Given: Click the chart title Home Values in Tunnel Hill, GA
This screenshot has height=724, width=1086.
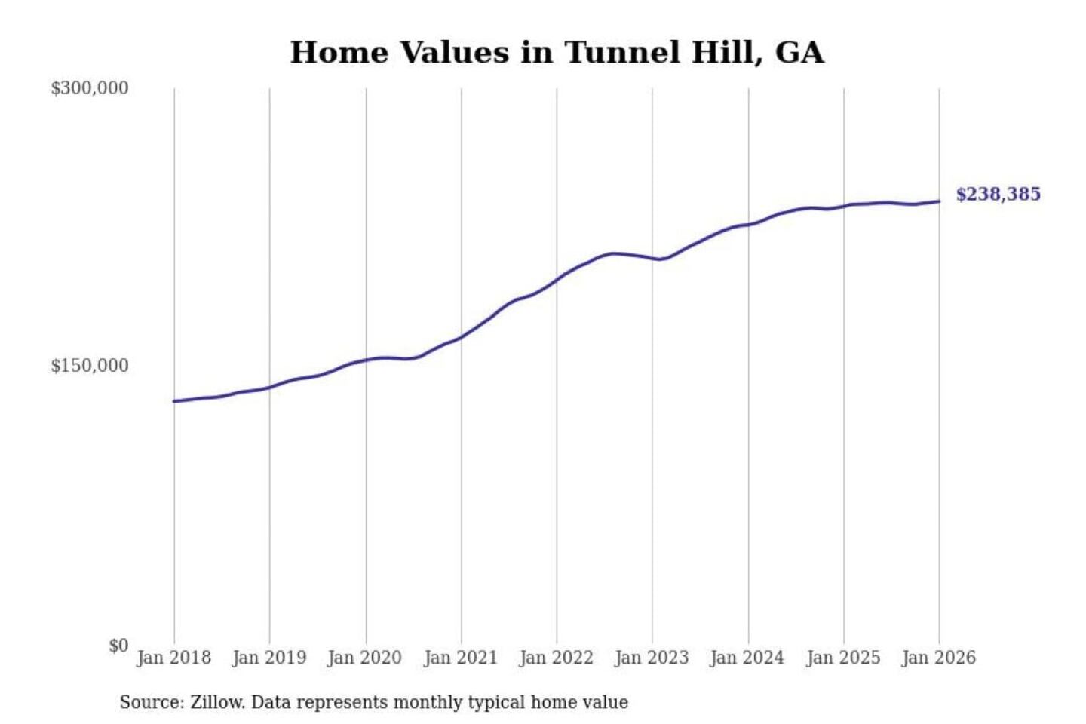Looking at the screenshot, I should (x=557, y=53).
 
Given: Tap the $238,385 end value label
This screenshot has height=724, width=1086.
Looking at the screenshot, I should (x=998, y=194).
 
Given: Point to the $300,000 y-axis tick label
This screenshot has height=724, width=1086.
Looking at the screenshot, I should (x=90, y=88).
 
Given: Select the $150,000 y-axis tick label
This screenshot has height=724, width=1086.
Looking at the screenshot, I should (x=90, y=366).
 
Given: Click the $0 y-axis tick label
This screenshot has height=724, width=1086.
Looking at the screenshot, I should (x=118, y=646).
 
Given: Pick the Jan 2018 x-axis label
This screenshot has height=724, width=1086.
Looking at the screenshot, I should (x=174, y=658).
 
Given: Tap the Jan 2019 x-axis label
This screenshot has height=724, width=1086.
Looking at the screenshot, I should (x=269, y=658).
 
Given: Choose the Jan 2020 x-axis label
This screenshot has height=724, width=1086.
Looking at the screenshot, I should (x=365, y=658).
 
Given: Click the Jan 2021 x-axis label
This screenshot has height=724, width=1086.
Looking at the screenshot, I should (x=461, y=658).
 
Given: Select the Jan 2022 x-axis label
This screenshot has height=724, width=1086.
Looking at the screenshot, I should (x=557, y=658).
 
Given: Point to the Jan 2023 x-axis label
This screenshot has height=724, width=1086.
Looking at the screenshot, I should (x=652, y=658).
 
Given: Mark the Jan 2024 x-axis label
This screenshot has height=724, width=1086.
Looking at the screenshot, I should (x=747, y=658).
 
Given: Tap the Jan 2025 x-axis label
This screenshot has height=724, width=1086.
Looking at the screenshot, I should (x=843, y=658).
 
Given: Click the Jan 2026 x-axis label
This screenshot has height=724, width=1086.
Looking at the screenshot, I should (x=939, y=658).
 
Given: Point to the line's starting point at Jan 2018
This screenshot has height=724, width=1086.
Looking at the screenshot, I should (x=174, y=401).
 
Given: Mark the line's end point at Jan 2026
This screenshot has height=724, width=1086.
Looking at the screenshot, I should (x=939, y=201).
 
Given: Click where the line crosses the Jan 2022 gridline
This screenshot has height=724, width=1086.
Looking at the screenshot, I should (x=557, y=280).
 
